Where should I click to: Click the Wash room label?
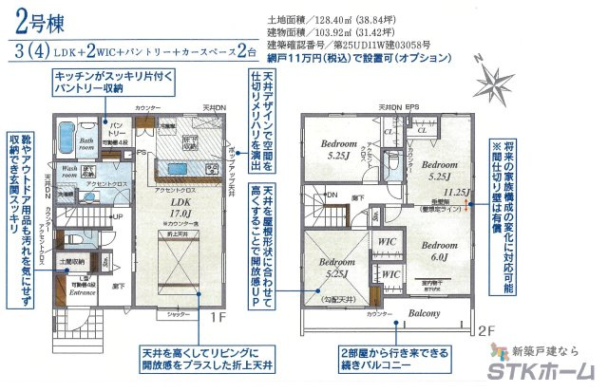72,172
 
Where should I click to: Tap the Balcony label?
425,313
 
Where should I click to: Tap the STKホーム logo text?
546,373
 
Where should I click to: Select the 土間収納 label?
75,260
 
